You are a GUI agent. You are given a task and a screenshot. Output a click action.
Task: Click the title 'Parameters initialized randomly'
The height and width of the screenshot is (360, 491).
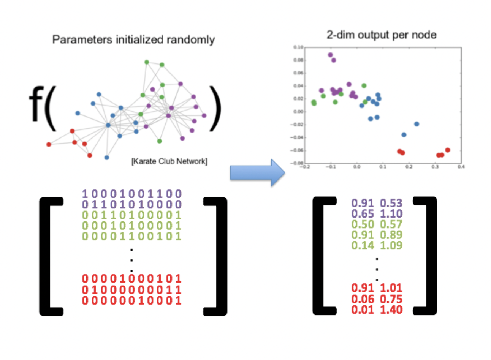pos(133,40)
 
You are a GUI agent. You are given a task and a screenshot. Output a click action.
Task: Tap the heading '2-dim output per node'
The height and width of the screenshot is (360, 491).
pos(381,35)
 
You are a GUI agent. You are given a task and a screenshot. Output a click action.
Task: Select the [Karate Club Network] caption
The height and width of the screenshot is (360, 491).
pos(169,161)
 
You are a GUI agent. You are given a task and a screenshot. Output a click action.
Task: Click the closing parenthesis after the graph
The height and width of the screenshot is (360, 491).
pos(215,108)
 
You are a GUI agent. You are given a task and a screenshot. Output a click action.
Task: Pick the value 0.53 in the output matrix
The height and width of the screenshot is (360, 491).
pos(391,203)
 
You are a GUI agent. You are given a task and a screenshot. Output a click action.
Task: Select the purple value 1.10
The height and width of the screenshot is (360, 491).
pos(391,214)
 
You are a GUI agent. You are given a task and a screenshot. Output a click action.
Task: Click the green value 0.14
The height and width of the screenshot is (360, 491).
pos(363,246)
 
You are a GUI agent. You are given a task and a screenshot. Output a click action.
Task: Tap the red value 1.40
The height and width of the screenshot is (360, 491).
pos(391,310)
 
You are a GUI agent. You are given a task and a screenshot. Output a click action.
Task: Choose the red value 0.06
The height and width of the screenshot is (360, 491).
pos(363,299)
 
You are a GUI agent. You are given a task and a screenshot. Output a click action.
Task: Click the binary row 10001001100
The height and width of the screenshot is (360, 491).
pos(132,194)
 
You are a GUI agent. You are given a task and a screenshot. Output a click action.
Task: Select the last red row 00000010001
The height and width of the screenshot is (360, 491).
pos(132,301)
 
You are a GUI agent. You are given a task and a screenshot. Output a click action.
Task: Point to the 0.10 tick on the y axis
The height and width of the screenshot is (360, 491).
pos(298,47)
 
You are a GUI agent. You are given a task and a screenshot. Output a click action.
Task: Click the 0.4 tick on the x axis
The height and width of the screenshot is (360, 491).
pos(461,167)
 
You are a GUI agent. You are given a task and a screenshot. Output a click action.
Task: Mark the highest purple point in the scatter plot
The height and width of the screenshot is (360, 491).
pos(330,55)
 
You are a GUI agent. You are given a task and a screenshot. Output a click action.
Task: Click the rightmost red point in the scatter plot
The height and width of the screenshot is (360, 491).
pos(447,150)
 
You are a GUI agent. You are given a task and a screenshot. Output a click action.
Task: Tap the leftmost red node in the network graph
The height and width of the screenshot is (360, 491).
pos(49,144)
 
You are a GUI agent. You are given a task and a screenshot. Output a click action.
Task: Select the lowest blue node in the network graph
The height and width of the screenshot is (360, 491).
pos(107,157)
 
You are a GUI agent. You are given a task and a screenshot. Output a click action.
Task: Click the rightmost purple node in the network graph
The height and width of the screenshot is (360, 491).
pos(204,115)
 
